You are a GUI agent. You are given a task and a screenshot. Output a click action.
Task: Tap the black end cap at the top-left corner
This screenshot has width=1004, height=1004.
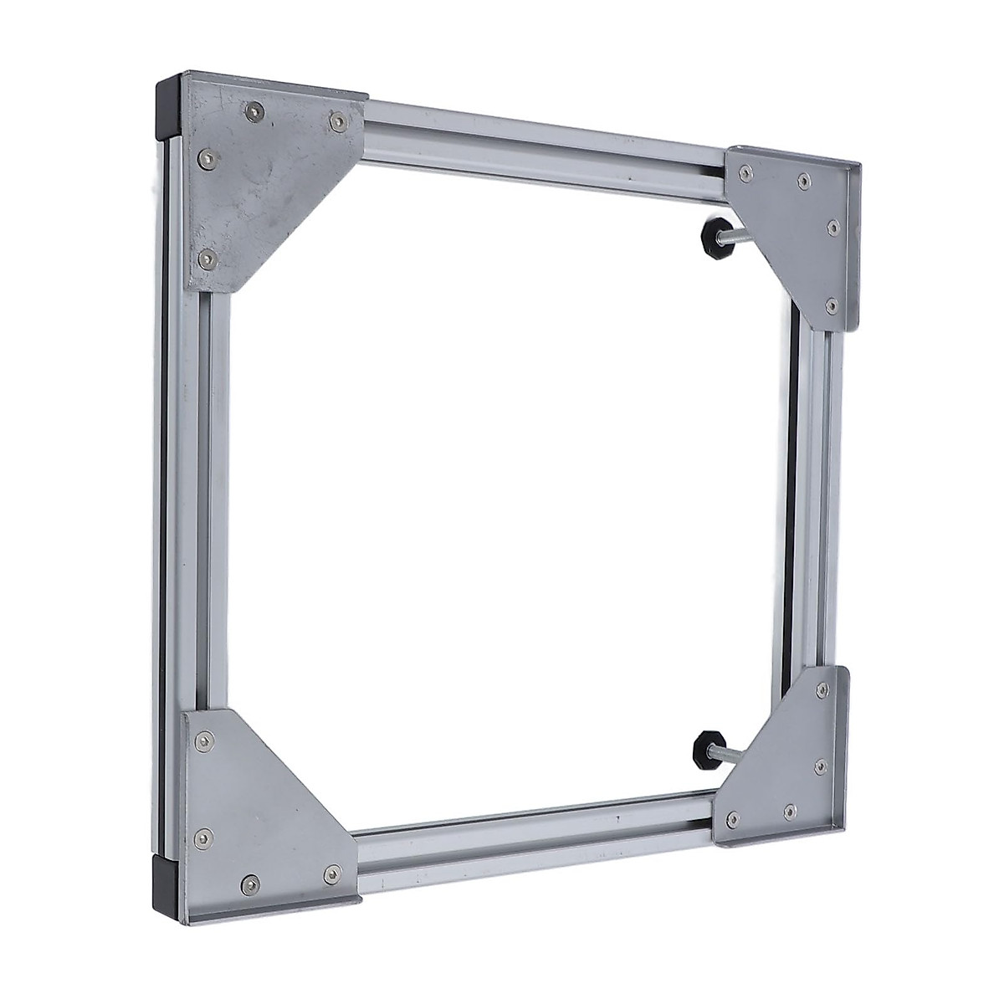(x=166, y=109)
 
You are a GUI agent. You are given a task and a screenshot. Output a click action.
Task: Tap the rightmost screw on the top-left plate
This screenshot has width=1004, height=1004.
(x=336, y=122)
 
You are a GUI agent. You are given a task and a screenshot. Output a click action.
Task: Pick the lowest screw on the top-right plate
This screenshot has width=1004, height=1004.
(x=829, y=306)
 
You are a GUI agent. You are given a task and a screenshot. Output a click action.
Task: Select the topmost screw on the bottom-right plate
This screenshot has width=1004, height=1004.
(x=823, y=689)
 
